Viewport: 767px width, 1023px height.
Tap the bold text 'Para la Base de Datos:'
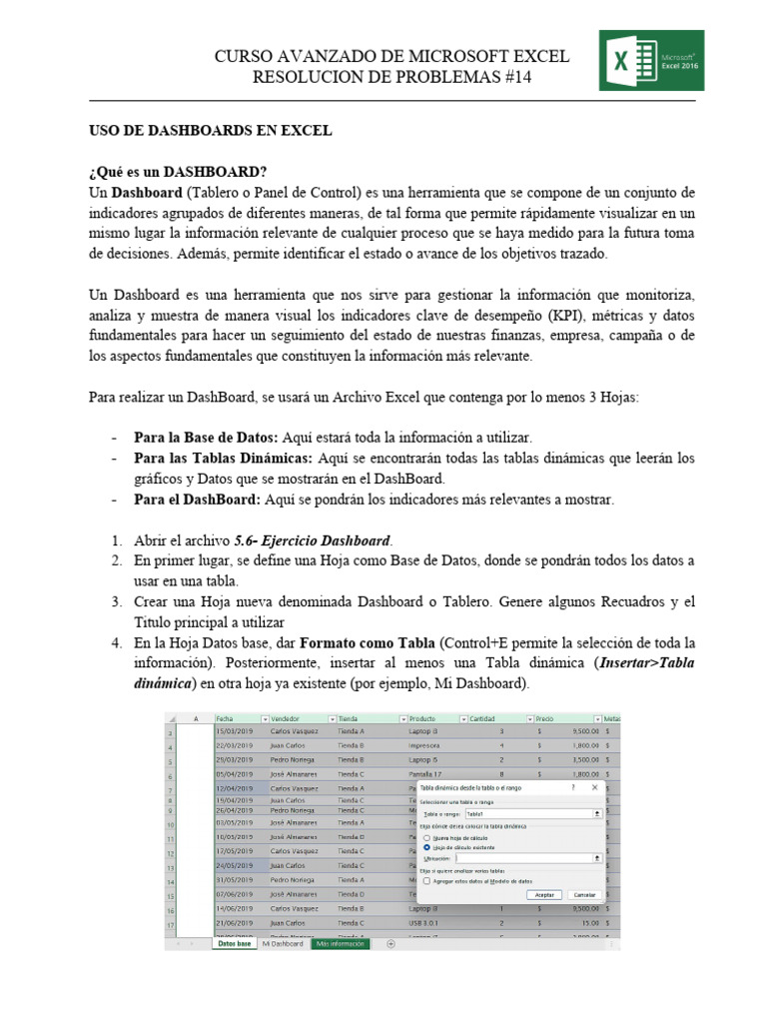click(x=207, y=438)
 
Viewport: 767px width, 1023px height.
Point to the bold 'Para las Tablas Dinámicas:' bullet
click(x=224, y=459)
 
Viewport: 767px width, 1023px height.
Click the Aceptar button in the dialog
click(x=544, y=894)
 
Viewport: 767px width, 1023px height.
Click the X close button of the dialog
click(x=596, y=787)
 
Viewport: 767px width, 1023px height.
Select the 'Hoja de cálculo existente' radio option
click(x=427, y=846)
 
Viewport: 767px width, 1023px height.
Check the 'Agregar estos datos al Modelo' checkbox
click(x=426, y=880)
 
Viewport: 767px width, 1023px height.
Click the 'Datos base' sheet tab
click(x=234, y=943)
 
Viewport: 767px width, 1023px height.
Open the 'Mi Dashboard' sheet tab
click(x=283, y=943)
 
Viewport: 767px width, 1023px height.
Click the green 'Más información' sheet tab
click(x=340, y=943)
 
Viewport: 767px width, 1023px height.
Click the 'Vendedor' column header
click(x=290, y=717)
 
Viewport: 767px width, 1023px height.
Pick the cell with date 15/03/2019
click(x=236, y=730)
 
